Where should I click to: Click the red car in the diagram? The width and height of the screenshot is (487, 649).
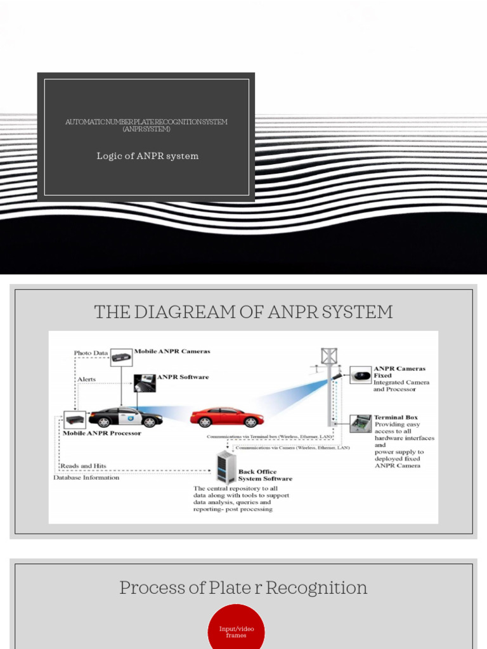[x=227, y=417]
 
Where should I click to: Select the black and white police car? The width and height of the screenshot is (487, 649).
[x=126, y=416]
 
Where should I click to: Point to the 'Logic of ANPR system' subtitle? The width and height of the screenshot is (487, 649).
[x=147, y=156]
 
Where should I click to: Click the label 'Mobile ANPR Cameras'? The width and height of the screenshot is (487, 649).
[x=172, y=351]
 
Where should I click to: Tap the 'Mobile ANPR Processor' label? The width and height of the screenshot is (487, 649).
[x=101, y=434]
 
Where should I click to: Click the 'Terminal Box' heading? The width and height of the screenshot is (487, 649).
[x=396, y=418]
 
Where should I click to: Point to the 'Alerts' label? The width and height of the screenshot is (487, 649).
[x=87, y=379]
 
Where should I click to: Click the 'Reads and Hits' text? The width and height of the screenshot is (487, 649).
[x=83, y=466]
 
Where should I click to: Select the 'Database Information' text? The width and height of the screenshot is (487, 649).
[x=86, y=477]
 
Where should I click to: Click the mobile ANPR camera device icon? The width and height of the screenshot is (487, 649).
[x=121, y=357]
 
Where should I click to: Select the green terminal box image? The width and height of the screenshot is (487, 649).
[x=361, y=423]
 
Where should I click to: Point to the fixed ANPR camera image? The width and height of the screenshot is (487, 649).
[x=361, y=375]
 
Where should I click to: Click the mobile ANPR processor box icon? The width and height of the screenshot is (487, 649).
[x=74, y=420]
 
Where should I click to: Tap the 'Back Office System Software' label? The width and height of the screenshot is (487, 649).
[x=265, y=475]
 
